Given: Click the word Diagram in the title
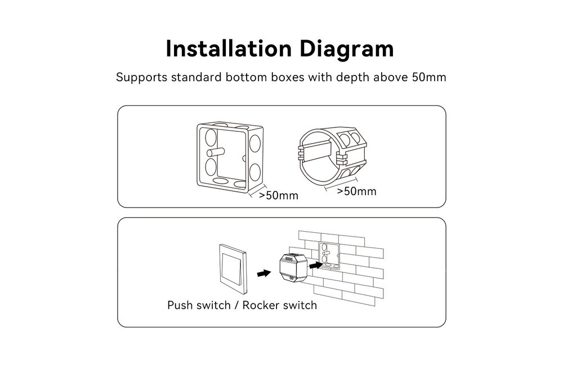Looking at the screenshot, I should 346,49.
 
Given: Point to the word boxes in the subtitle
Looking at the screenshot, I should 283,77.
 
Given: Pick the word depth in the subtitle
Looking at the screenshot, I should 348,77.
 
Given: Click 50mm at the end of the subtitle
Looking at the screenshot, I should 429,77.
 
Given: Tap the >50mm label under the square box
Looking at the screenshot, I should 278,196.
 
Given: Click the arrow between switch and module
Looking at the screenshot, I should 263,273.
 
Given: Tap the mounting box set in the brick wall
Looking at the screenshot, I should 329,255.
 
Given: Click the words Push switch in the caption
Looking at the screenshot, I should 199,305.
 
